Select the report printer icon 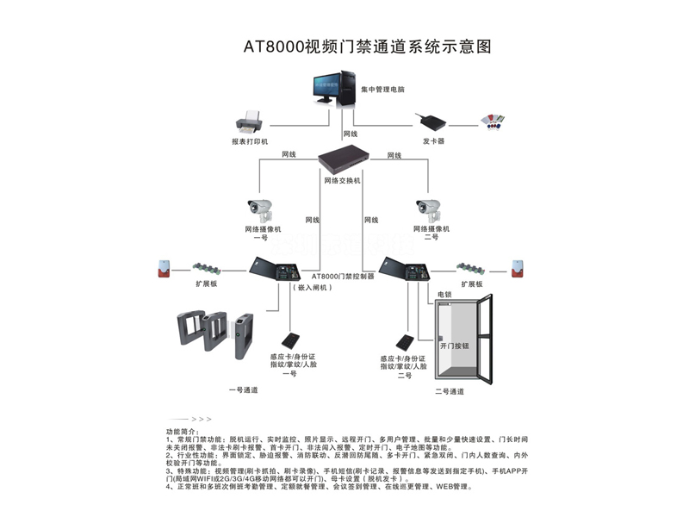[x=249, y=121]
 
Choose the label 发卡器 [x=433, y=140]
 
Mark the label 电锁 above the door [x=444, y=295]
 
